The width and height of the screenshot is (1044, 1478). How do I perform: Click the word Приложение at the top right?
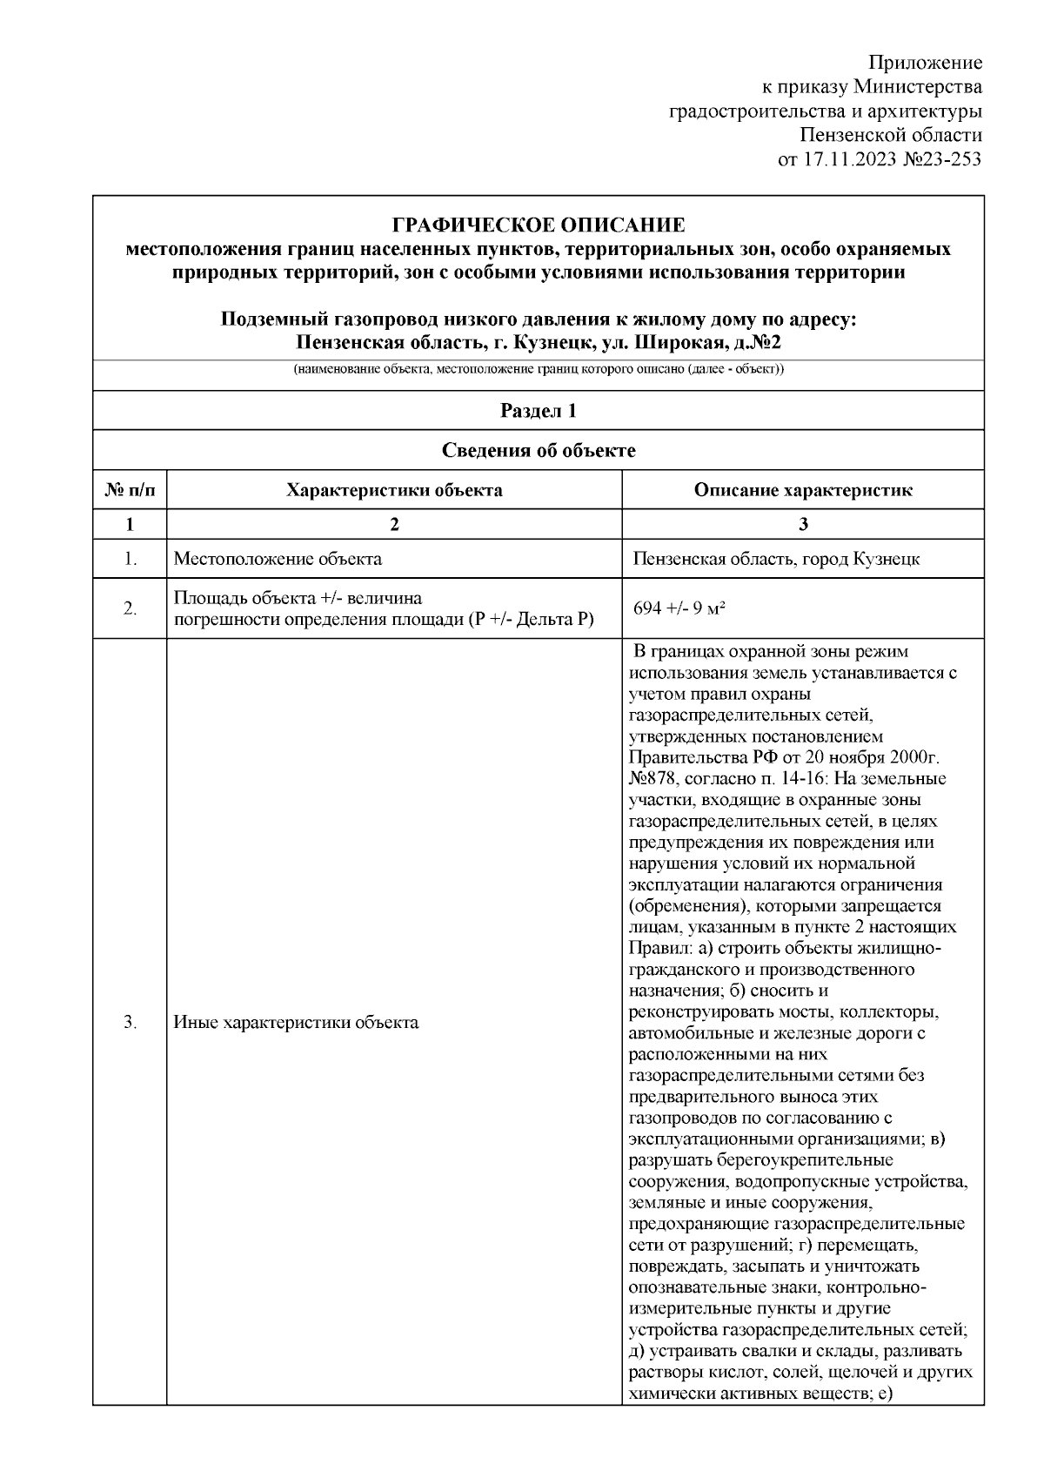tap(926, 63)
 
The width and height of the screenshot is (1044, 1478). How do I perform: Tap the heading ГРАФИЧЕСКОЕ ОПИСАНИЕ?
tap(539, 225)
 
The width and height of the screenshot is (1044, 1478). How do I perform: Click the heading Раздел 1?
tap(539, 411)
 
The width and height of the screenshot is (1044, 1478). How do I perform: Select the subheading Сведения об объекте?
tap(539, 450)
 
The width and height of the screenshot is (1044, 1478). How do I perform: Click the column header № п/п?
tap(130, 490)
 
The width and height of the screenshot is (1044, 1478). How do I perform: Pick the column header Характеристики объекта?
tap(394, 490)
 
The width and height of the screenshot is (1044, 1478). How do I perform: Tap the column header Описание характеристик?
tap(803, 490)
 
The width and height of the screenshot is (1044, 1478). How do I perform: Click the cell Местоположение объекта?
tap(278, 559)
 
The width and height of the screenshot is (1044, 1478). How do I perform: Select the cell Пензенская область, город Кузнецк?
tap(776, 559)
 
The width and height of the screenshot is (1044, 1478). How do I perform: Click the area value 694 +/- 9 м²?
tap(679, 608)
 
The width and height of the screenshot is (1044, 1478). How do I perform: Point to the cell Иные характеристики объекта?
tap(296, 1023)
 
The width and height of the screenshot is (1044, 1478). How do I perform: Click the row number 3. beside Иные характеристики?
tap(130, 1023)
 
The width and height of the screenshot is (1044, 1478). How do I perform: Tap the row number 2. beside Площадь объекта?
tap(130, 608)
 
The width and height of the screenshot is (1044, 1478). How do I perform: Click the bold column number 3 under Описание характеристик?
tap(803, 524)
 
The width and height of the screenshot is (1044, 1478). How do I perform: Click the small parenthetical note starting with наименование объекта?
tap(539, 369)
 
